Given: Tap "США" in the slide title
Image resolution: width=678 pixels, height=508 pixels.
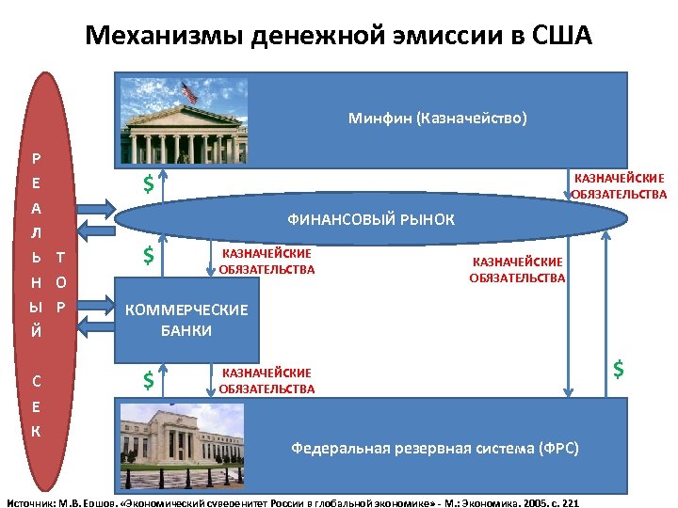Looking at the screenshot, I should tap(560, 36).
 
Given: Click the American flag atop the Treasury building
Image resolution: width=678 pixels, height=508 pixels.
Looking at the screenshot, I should tap(188, 91).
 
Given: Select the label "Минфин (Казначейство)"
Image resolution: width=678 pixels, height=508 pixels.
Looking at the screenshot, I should tap(437, 119).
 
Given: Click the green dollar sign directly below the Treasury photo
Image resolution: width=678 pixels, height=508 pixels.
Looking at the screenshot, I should tap(148, 184).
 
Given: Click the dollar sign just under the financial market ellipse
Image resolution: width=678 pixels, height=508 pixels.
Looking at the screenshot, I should tap(148, 255).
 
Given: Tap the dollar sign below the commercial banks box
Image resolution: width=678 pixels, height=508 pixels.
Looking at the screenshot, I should tap(148, 380).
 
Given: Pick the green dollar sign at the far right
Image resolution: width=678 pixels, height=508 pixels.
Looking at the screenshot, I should tap(619, 368).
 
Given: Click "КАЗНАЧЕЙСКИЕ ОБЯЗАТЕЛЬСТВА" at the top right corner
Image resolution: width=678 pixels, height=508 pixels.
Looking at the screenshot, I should tap(619, 185).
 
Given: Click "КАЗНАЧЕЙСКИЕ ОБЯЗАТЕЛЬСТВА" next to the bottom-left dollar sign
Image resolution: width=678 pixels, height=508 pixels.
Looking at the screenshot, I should tap(266, 381).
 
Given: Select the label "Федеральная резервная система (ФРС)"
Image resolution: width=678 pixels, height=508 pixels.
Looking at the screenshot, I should tap(435, 448).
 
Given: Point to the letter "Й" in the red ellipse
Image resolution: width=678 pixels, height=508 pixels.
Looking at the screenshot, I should tap(36, 330).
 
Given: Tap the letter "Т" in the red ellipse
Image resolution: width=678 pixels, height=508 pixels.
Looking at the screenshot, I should tap(60, 256).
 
